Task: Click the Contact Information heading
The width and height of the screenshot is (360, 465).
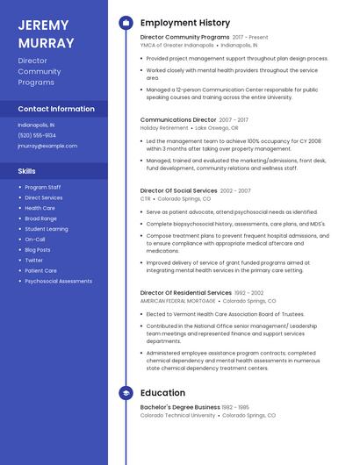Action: tap(56, 109)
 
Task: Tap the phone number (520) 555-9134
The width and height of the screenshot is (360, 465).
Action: tap(37, 135)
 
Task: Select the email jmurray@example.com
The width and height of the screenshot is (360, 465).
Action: tap(47, 146)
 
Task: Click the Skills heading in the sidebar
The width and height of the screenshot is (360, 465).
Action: tap(27, 171)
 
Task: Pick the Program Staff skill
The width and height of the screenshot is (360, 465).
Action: tap(43, 187)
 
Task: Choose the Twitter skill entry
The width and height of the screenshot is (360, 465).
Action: tap(33, 260)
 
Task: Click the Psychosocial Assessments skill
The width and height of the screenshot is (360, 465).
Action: tap(58, 281)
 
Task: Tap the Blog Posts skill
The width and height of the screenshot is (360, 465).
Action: tap(38, 249)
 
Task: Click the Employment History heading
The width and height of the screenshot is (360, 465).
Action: tap(185, 23)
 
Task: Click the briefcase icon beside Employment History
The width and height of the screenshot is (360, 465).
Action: tap(126, 23)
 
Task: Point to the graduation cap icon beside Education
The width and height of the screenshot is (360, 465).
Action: tap(126, 393)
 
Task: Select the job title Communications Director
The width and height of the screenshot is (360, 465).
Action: tap(178, 119)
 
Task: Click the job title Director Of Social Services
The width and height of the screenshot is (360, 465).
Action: tap(179, 190)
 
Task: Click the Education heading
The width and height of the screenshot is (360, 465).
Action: tap(162, 393)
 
